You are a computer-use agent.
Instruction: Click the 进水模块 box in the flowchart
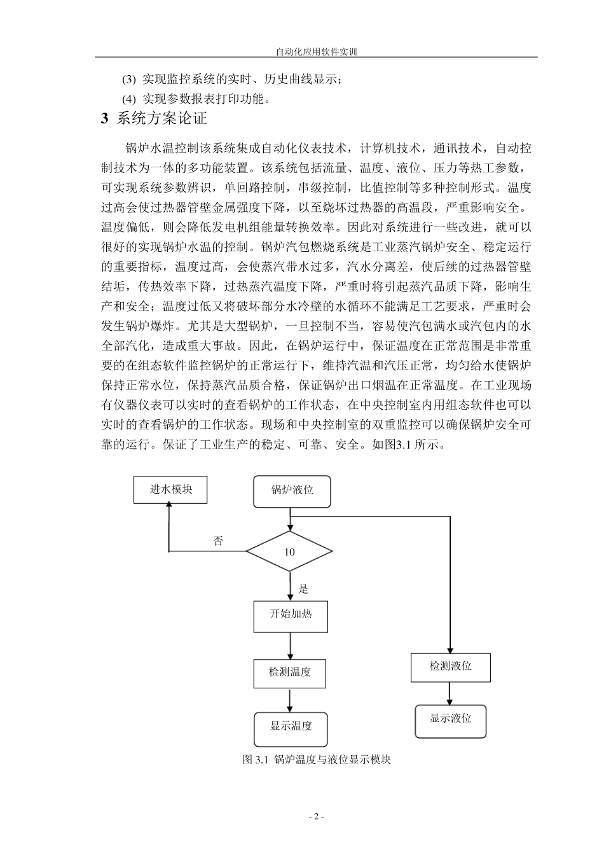[170, 489]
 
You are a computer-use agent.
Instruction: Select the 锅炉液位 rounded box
[292, 491]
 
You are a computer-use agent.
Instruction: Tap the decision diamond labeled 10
[289, 552]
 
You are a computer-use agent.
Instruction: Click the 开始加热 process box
[291, 615]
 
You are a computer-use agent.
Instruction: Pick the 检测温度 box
[290, 672]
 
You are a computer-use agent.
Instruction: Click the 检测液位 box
[450, 667]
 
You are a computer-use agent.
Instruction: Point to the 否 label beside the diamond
[218, 541]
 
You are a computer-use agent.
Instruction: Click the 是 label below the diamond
[303, 589]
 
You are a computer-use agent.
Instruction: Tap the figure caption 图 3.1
[317, 760]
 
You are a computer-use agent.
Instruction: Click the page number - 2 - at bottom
[316, 817]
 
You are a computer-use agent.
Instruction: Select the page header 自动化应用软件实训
[316, 52]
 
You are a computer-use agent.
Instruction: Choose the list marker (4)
[129, 99]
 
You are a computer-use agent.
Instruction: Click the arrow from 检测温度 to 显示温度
[291, 700]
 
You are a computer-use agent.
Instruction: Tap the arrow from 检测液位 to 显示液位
[450, 693]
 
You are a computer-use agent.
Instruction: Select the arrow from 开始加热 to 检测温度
[291, 644]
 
